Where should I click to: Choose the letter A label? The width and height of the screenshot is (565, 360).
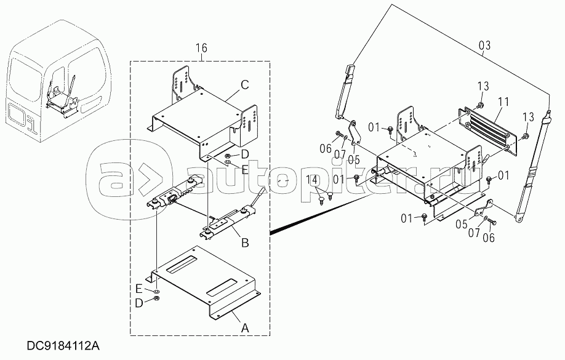click(x=245, y=329)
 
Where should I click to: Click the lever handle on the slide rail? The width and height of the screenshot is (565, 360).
click(x=261, y=197)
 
